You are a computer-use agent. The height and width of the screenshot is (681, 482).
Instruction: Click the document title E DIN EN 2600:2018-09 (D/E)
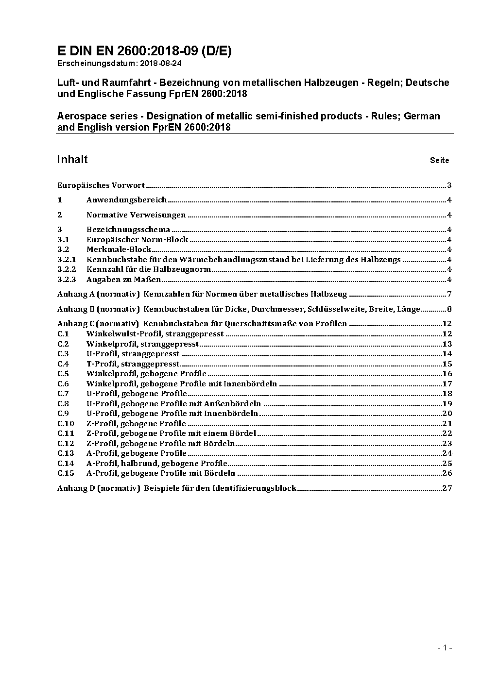coord(144,51)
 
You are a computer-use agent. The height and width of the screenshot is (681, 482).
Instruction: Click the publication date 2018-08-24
coord(161,63)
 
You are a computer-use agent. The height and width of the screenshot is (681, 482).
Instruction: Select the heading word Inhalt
coord(72,159)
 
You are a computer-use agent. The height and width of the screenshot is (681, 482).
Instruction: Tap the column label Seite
coord(439,160)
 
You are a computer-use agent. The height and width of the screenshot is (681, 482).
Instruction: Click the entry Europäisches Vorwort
coord(101,185)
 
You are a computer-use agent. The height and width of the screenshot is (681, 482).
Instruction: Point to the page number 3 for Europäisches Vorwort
coord(449,185)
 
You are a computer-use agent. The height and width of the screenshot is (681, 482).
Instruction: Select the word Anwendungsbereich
coord(126,199)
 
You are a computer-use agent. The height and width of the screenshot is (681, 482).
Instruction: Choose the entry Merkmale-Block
coord(119,249)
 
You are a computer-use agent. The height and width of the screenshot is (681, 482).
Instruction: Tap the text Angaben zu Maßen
coord(123,279)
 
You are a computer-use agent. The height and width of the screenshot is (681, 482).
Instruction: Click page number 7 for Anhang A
coord(449,294)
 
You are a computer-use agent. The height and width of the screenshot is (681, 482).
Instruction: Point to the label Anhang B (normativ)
coord(98,309)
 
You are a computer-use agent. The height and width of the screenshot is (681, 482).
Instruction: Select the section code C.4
coord(63,364)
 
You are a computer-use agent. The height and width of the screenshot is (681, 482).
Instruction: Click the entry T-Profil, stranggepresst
coord(133,364)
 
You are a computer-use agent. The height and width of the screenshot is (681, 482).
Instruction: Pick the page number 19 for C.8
coord(447,403)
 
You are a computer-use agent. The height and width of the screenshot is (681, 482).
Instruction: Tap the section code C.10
coord(66,424)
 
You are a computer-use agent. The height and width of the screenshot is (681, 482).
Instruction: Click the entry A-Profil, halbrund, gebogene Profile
coord(156,463)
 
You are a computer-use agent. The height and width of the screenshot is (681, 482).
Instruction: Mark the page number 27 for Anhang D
coord(447,488)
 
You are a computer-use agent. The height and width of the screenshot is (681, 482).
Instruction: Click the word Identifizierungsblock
coord(254,488)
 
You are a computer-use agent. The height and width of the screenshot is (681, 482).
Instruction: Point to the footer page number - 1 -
coord(445,648)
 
